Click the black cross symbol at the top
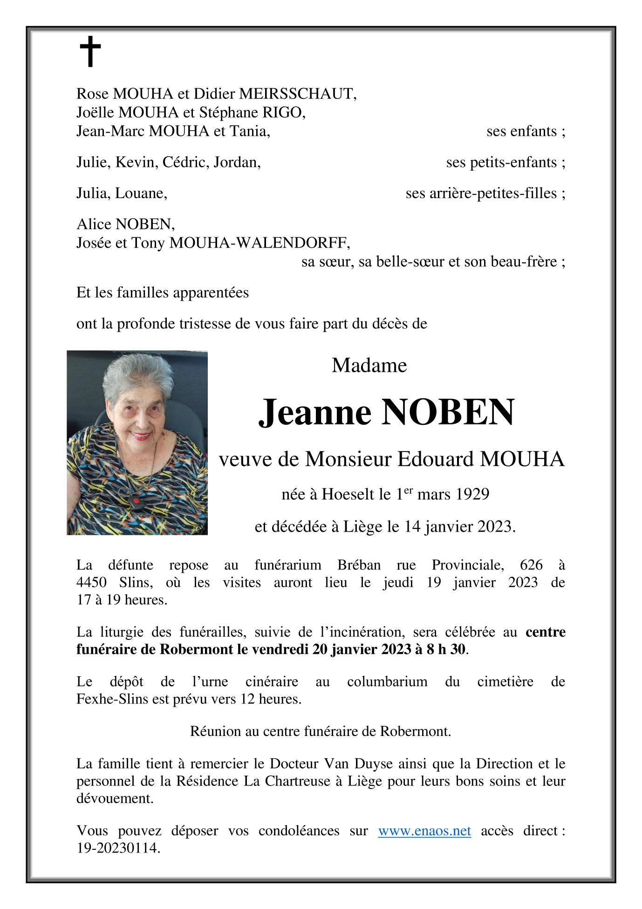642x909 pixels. coord(90,51)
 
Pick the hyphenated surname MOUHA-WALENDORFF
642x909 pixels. coord(260,243)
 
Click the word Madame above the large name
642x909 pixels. coord(369,365)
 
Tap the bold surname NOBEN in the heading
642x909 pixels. coord(448,413)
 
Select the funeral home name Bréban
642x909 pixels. coord(359,565)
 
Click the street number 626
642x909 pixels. coord(531,565)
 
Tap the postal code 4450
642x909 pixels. coord(91,583)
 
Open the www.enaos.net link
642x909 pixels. coord(424,831)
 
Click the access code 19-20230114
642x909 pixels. coord(118,848)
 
